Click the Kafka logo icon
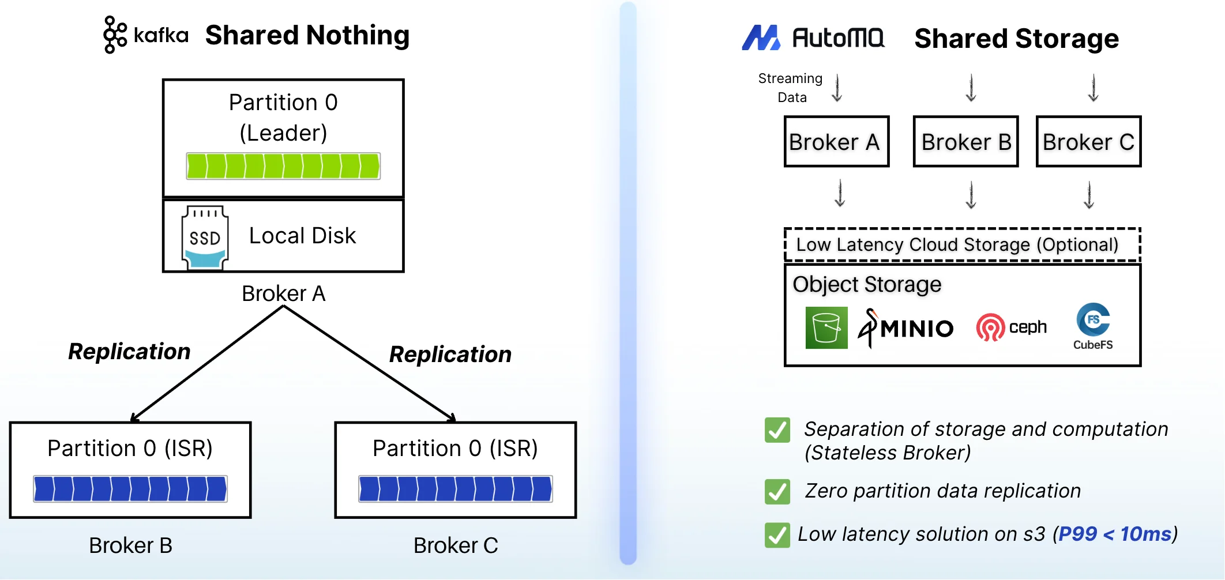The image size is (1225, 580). (x=115, y=35)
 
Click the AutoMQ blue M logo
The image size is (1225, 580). (x=761, y=38)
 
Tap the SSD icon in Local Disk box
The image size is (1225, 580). (x=205, y=237)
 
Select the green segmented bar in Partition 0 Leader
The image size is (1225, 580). (x=283, y=166)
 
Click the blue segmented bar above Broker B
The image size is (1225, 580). (x=130, y=489)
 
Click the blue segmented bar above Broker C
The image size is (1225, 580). (x=456, y=489)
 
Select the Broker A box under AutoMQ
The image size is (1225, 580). (x=836, y=142)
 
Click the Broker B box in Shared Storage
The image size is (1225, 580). (x=966, y=142)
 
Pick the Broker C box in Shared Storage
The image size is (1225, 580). (x=1088, y=142)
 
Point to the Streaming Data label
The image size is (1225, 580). (x=791, y=88)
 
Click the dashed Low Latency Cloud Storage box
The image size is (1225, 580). (x=962, y=244)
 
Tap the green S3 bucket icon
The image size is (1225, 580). (x=826, y=327)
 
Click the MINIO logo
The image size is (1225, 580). (x=906, y=327)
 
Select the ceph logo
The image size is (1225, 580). (x=1011, y=327)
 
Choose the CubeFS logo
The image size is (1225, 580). (x=1093, y=326)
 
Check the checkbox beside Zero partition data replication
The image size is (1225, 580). (x=777, y=492)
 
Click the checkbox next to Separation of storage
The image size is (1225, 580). (x=777, y=430)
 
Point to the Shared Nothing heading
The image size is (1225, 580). (x=307, y=35)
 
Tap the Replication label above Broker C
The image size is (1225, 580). (x=450, y=354)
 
